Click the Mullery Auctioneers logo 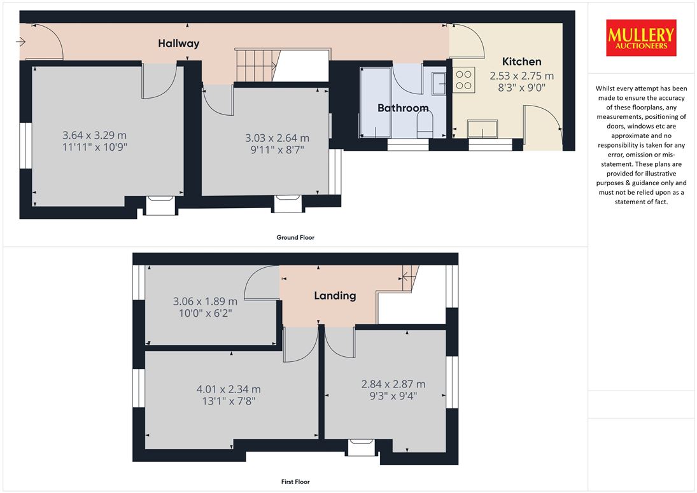click(x=641, y=38)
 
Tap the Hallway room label click(x=179, y=43)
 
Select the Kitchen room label click(x=522, y=61)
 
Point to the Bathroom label click(x=403, y=108)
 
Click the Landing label click(x=335, y=296)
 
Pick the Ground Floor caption click(x=295, y=238)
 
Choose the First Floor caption click(x=295, y=482)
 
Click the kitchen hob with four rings click(x=463, y=80)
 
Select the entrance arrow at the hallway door click(x=21, y=42)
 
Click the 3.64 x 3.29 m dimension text click(x=94, y=135)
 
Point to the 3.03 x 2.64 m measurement click(x=278, y=138)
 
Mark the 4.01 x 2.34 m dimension click(x=229, y=389)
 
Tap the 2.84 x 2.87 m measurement click(x=393, y=384)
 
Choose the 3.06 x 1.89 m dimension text click(x=205, y=302)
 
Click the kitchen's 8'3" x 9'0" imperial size click(x=521, y=88)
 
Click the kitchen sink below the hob click(x=482, y=128)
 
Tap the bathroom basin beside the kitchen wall click(x=439, y=83)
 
